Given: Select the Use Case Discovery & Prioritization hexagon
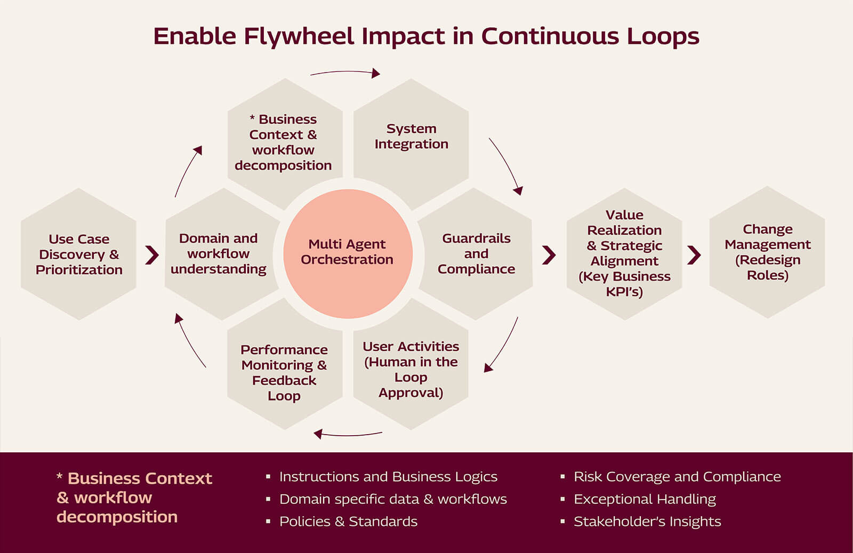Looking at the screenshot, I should pos(79,254).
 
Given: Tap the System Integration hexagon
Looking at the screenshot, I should pos(411,137).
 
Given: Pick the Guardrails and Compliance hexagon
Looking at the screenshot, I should pos(476,254).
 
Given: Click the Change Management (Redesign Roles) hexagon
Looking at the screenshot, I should pos(767,252).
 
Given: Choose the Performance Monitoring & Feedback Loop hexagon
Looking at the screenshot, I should pos(284,372).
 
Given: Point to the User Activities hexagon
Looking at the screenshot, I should pos(411,370).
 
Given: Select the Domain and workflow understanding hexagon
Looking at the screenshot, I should pos(219,254).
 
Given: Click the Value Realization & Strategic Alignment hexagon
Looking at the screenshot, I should pos(624,253).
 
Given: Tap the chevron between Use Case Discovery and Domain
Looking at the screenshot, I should pos(152,255).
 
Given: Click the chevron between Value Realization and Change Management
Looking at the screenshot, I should pos(694,255).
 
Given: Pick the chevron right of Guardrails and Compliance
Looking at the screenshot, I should pos(549,255).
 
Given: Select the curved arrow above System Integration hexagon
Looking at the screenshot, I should pos(345,73).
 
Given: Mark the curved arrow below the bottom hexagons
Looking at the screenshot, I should pos(348,434).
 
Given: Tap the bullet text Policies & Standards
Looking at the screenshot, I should pos(348,522).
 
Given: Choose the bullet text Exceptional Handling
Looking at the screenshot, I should pos(644,499).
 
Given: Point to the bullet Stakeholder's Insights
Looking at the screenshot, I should pos(647,522).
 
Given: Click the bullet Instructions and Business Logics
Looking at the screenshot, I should pos(388,477).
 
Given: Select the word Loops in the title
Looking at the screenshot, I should pos(663,36).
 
